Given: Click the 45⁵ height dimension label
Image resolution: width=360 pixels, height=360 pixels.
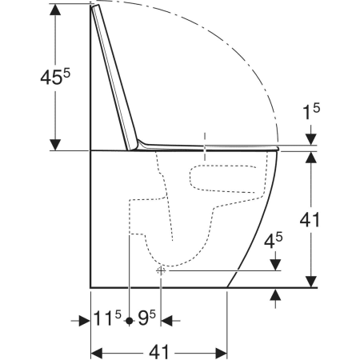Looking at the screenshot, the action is (x=55, y=77).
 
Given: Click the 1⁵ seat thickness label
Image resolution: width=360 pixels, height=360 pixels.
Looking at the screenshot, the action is (x=311, y=111).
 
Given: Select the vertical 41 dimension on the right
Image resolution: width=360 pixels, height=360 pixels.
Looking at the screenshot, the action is (x=310, y=220).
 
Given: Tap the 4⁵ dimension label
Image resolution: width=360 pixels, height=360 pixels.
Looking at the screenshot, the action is (x=274, y=241).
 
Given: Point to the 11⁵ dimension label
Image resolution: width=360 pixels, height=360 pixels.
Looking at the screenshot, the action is (x=107, y=318).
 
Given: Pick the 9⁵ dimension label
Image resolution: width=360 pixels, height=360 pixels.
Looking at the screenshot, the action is (x=146, y=318).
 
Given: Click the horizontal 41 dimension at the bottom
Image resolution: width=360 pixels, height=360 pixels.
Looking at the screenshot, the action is (x=159, y=352).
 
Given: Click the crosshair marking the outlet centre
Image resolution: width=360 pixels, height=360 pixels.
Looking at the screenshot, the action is (x=161, y=271).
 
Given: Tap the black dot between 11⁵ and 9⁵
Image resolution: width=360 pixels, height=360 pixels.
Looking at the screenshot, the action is (x=130, y=321).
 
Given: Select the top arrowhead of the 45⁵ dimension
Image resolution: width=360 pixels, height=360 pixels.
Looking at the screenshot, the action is (x=55, y=10).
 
